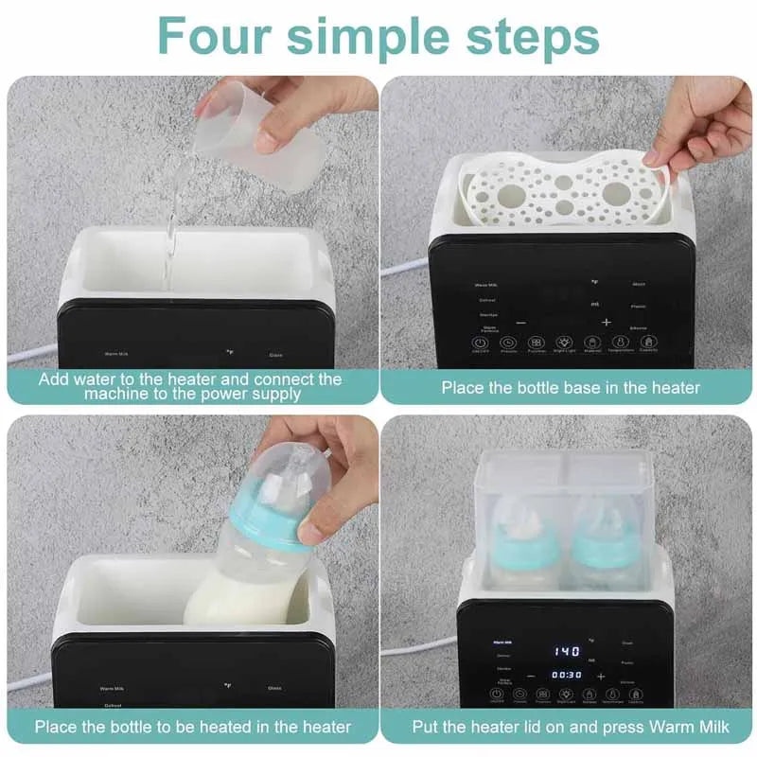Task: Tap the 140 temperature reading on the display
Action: [x=567, y=651]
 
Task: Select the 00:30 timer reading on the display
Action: [x=567, y=675]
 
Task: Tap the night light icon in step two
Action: [x=565, y=344]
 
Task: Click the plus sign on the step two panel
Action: [x=607, y=322]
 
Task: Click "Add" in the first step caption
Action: [x=55, y=378]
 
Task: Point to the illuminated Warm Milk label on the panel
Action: [x=501, y=642]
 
